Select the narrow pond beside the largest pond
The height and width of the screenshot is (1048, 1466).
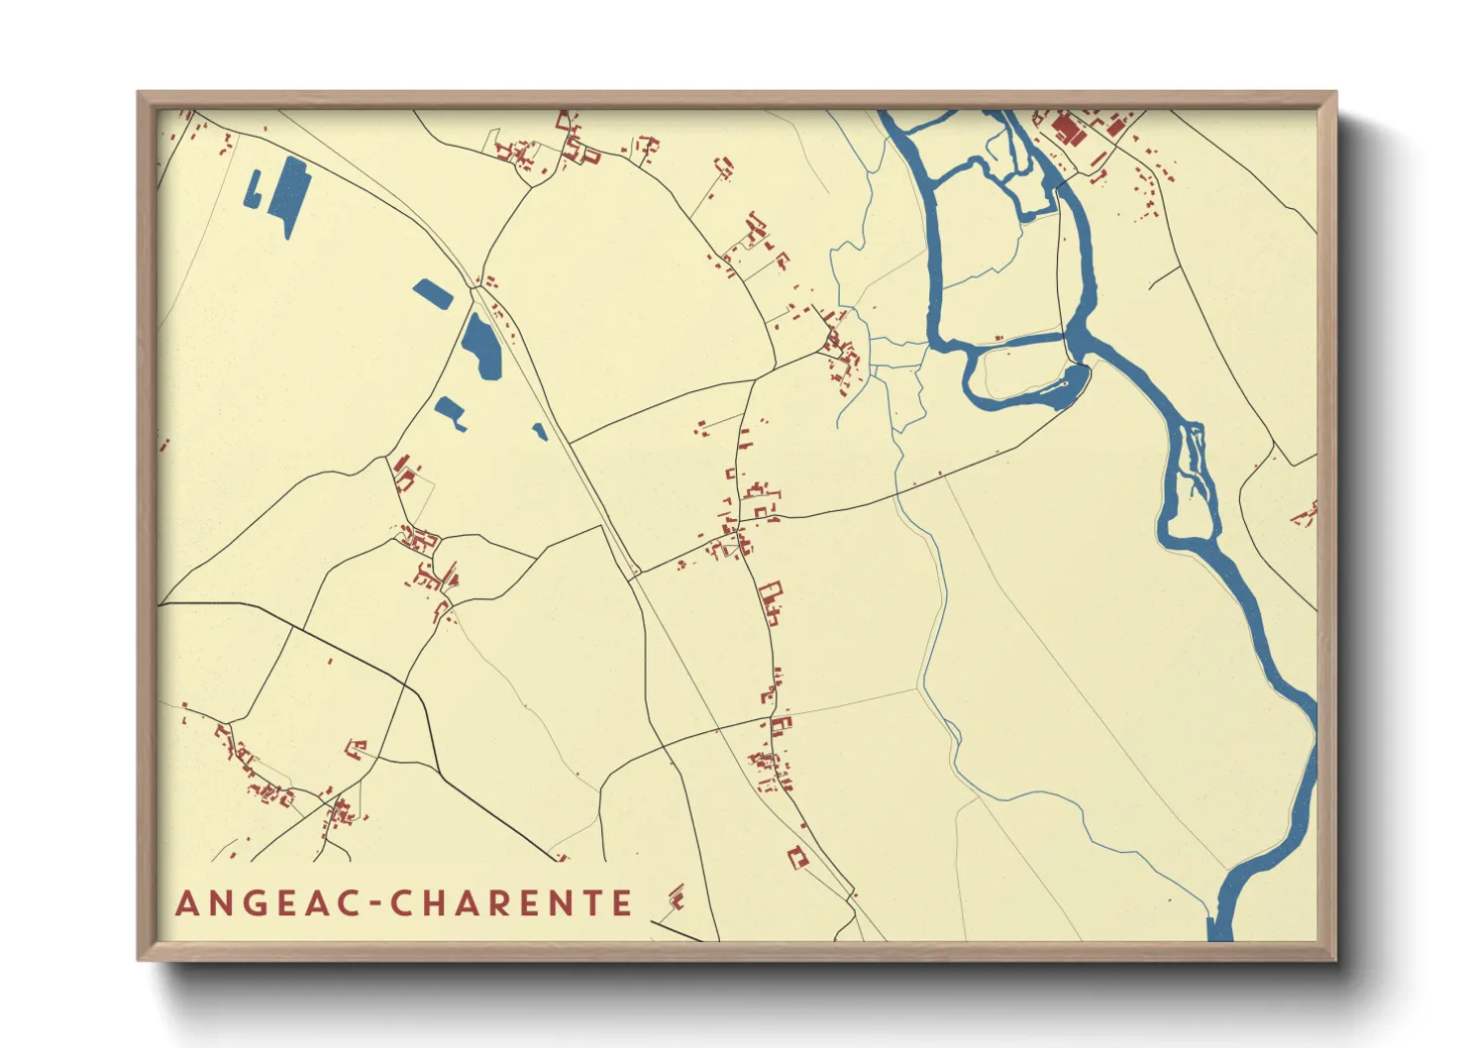pyautogui.click(x=254, y=190)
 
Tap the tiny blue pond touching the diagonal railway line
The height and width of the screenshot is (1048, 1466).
pyautogui.click(x=540, y=431)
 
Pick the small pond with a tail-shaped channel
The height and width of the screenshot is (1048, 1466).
pyautogui.click(x=452, y=411)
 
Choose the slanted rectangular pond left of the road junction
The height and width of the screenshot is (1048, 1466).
pyautogui.click(x=433, y=293)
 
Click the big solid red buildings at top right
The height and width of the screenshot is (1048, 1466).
pyautogui.click(x=1068, y=129)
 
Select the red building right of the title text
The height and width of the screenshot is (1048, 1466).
pyautogui.click(x=678, y=898)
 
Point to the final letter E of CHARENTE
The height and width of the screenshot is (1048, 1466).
pyautogui.click(x=621, y=903)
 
